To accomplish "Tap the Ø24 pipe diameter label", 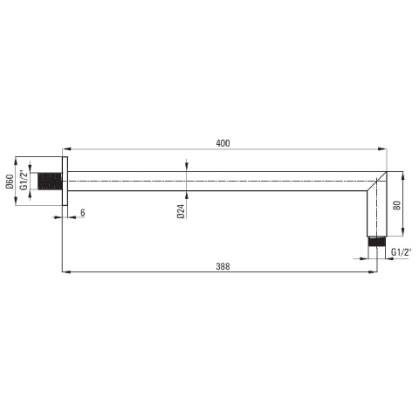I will (x=179, y=210).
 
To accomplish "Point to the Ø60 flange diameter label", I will (x=10, y=182).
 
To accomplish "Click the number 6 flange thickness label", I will (x=83, y=213).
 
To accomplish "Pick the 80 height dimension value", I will (x=396, y=205).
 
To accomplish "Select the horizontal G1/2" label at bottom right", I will (x=401, y=251).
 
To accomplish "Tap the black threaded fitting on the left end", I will (x=51, y=182).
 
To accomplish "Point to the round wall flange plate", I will (x=65, y=182).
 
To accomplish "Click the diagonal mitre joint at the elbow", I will (x=376, y=182).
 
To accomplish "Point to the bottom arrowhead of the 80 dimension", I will (x=402, y=233).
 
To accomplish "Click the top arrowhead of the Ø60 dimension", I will (x=16, y=161).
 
